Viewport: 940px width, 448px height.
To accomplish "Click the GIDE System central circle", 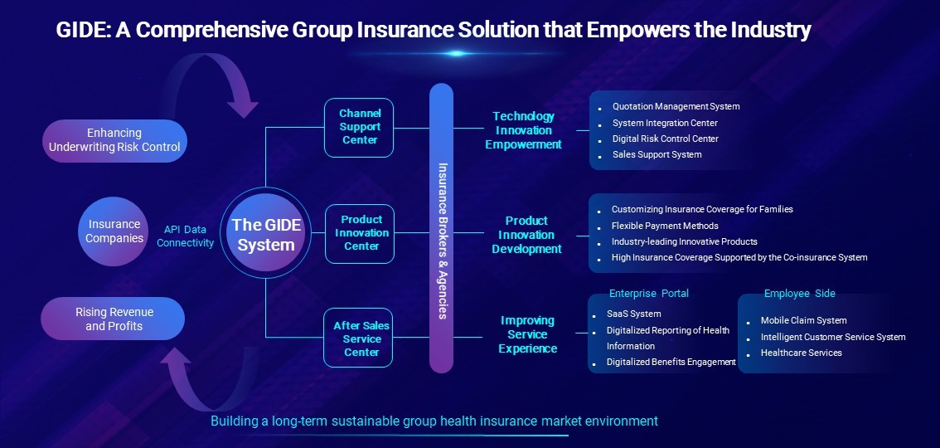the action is tap(265, 232).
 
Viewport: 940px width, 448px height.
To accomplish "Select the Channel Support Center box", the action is tap(359, 127).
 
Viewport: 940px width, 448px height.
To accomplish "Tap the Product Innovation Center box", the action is tap(360, 233).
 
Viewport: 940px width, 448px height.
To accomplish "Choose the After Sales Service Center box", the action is tap(358, 338).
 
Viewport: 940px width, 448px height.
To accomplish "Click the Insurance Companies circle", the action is tap(114, 231).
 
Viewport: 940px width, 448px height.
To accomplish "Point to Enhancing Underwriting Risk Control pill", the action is tap(114, 140).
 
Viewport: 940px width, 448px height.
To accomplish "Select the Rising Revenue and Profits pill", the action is tap(113, 319).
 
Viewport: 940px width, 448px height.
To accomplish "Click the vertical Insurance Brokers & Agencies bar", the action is tap(441, 228).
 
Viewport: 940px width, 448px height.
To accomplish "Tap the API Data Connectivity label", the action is tap(185, 236).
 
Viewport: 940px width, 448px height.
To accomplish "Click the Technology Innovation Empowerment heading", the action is tap(523, 130).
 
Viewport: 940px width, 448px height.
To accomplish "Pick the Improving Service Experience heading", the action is tap(527, 334).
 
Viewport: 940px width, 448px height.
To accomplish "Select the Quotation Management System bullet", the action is tap(676, 107).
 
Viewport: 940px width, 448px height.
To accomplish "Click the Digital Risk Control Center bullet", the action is tap(665, 139).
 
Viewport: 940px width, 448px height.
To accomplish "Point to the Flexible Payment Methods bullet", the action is tap(665, 226).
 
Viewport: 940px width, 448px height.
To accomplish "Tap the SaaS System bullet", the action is tap(633, 314).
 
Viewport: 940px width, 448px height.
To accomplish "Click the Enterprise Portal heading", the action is tap(649, 293).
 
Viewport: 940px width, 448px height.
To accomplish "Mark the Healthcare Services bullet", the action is tap(801, 353).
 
